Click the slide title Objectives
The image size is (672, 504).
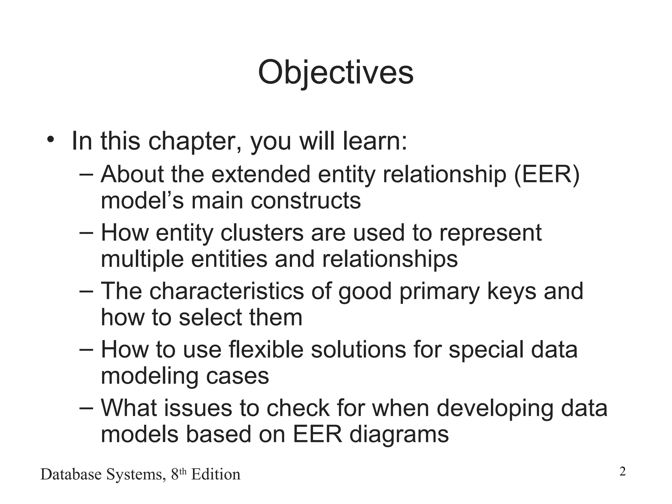point(336,73)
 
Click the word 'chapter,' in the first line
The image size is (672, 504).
point(195,141)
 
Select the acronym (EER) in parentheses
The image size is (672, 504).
point(547,175)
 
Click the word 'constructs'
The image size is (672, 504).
point(306,200)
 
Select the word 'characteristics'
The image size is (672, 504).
point(226,291)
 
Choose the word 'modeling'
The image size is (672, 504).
point(149,376)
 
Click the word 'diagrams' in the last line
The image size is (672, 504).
point(399,434)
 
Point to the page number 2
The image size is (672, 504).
point(622,472)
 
